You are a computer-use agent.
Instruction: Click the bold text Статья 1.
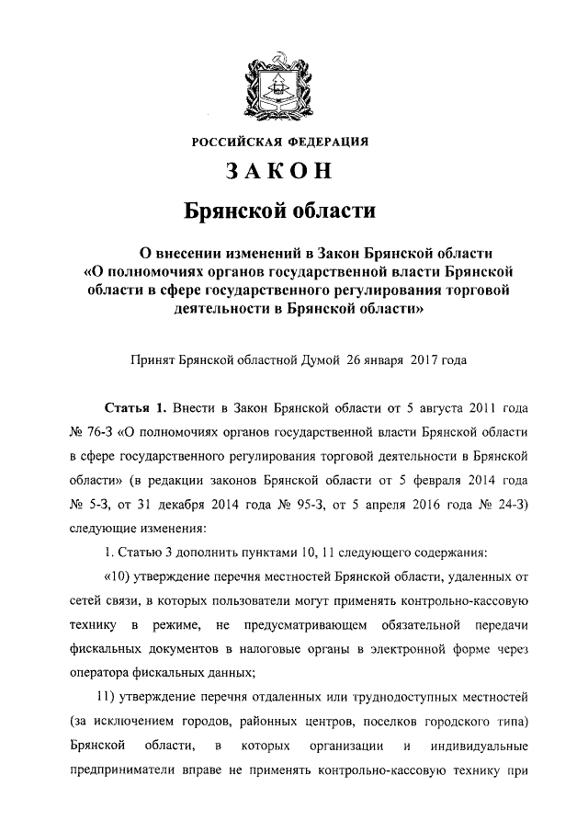click(x=137, y=407)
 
